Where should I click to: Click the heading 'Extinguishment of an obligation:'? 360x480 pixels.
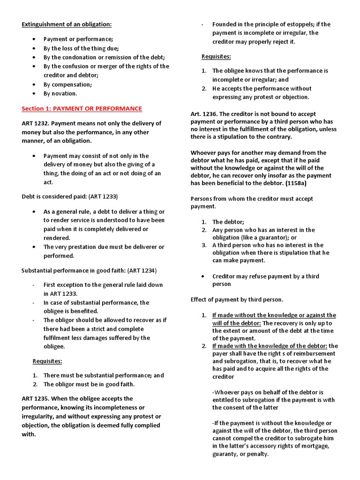(x=67, y=24)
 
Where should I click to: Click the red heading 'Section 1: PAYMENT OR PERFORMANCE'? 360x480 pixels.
(x=82, y=109)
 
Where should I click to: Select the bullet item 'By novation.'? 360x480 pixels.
(x=60, y=93)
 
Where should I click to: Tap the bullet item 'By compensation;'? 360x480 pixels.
(x=67, y=84)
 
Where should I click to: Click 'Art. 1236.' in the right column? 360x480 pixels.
(x=204, y=114)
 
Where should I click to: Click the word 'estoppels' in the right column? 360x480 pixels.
(x=305, y=24)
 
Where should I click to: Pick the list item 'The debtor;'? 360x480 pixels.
(x=228, y=222)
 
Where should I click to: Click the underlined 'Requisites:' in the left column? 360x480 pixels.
(x=47, y=361)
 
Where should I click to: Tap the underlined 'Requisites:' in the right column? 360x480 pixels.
(x=216, y=57)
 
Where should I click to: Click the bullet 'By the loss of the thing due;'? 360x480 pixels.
(x=81, y=48)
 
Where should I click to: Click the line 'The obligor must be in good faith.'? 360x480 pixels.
(x=89, y=384)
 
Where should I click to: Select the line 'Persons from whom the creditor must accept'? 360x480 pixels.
(x=252, y=199)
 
